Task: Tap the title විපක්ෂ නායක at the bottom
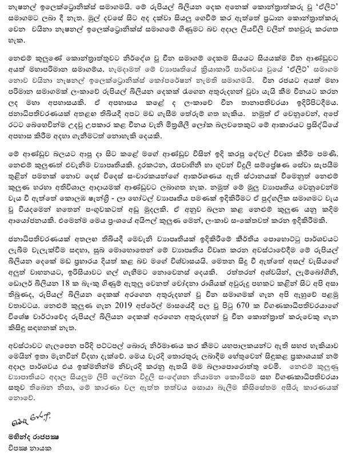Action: click(31, 448)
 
